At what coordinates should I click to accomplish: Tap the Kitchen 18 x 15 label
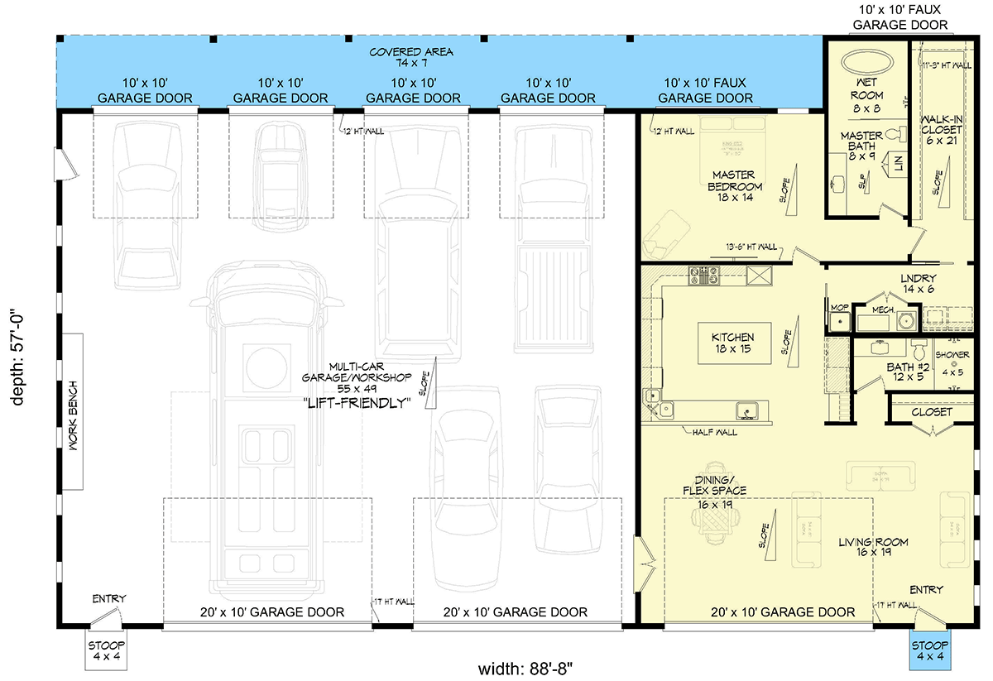[x=732, y=343]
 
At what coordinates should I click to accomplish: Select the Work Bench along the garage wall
[x=72, y=411]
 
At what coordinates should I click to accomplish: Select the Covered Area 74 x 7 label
[x=411, y=57]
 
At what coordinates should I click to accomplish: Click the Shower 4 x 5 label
[x=952, y=362]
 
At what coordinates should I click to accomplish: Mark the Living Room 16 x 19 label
[x=873, y=548]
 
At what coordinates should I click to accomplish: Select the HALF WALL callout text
[x=716, y=432]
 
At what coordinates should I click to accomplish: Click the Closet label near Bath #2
[x=932, y=411]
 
